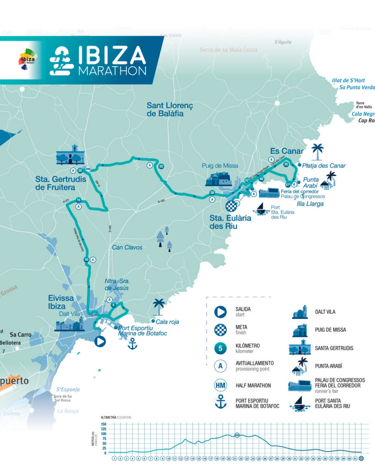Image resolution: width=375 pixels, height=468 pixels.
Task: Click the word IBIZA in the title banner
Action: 112,55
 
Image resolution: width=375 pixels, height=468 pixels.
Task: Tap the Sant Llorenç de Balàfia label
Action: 170,109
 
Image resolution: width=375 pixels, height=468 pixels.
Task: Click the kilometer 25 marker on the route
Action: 161,166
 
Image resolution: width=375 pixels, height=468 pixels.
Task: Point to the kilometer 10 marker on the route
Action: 86,260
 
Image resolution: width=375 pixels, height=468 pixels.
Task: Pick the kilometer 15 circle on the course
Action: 79,200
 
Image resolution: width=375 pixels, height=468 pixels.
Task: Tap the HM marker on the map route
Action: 88,169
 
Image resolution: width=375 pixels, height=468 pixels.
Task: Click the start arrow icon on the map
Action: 100,341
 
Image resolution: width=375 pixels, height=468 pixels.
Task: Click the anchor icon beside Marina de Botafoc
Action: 132,344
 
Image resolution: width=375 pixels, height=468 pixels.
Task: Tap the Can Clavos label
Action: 127,247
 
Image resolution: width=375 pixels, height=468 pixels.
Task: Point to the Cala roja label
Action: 167,322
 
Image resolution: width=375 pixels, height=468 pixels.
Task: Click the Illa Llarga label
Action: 310,203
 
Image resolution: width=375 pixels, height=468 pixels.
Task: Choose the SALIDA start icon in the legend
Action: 220,312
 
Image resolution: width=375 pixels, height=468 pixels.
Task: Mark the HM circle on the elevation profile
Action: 237,435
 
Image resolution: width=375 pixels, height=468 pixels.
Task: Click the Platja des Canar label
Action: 324,165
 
